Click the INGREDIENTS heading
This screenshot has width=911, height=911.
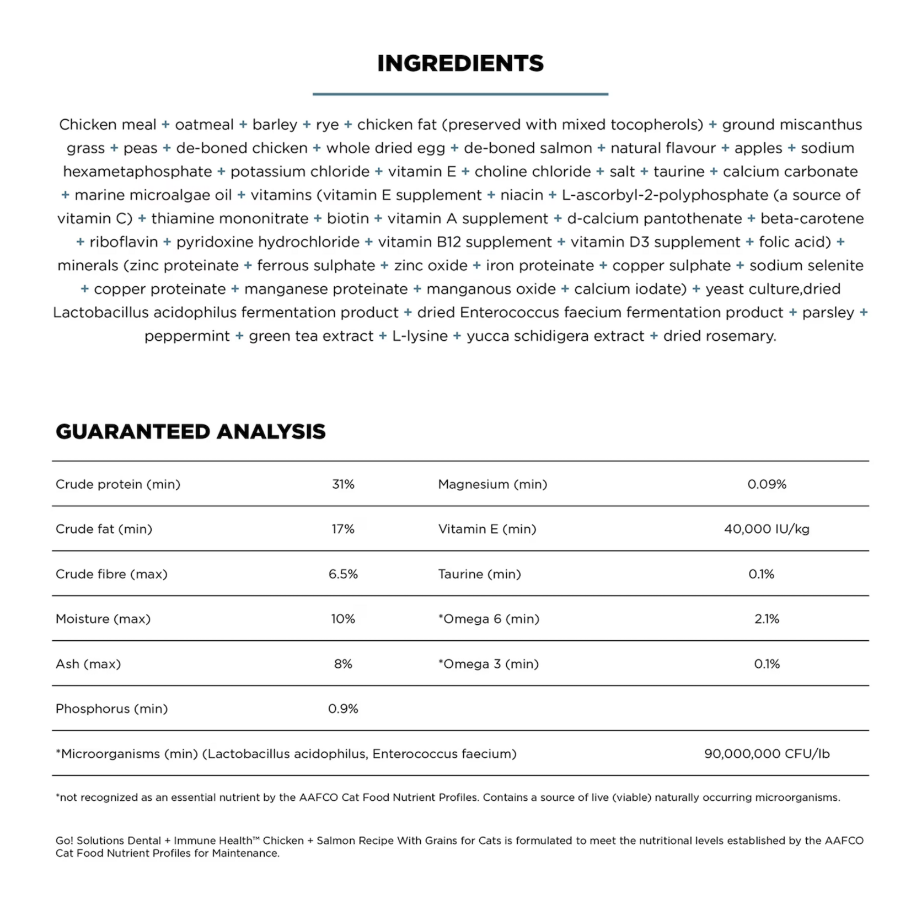[x=460, y=63]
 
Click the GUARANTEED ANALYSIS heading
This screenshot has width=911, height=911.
[x=191, y=431]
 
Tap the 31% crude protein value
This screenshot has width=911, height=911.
[x=343, y=484]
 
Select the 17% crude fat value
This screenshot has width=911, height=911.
[x=343, y=529]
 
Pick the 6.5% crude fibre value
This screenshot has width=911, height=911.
[x=343, y=574]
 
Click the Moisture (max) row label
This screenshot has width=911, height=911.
[x=103, y=619]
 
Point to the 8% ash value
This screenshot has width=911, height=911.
[x=343, y=664]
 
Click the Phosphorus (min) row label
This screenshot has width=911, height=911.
[x=112, y=709]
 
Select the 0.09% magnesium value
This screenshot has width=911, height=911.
[x=767, y=484]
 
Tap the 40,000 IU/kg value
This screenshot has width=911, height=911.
[x=767, y=529]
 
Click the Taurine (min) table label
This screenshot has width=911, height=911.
[x=479, y=574]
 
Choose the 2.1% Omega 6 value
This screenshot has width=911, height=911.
[x=767, y=619]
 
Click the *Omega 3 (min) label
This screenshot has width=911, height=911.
[x=488, y=664]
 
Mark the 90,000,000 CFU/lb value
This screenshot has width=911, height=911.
[x=767, y=754]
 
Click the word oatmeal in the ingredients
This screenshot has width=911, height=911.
[x=204, y=125]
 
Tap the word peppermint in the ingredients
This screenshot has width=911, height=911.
[x=187, y=336]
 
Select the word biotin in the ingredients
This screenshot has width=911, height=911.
[x=347, y=218]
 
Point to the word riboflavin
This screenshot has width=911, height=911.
[x=124, y=242]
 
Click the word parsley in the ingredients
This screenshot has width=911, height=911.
[x=828, y=313]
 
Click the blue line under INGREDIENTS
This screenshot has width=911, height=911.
[x=460, y=94]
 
